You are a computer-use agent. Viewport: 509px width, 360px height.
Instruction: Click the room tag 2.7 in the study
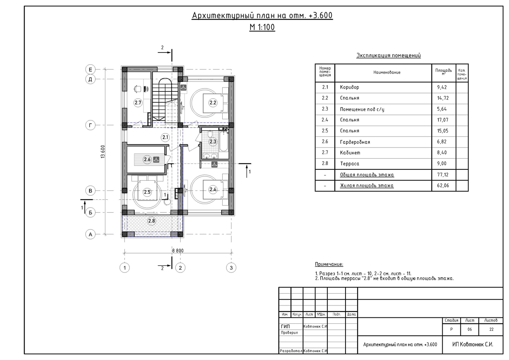point(138,103)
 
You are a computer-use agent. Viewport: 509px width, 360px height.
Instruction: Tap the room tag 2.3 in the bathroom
point(213,142)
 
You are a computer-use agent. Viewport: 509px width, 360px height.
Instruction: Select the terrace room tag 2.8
point(152,221)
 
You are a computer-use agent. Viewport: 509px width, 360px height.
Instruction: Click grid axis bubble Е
point(90,70)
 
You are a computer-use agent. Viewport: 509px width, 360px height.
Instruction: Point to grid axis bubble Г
point(90,125)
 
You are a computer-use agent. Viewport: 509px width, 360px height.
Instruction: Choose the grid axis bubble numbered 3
point(231,268)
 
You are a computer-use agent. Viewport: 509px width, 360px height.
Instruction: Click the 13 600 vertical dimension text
point(103,152)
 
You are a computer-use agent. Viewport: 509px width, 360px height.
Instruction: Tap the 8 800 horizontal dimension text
point(178,251)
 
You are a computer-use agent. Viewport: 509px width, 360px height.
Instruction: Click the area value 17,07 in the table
point(443,120)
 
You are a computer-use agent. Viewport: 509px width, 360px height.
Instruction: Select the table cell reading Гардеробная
point(355,142)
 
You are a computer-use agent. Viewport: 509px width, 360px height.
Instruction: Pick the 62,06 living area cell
point(443,185)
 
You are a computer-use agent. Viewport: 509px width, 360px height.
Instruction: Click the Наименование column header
point(387,72)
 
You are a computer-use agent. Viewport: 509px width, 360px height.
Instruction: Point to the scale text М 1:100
point(262,27)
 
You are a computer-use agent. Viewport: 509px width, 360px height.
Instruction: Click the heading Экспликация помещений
point(389,55)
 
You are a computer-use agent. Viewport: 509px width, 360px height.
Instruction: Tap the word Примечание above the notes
point(329,264)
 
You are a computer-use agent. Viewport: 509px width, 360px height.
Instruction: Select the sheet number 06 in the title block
point(470,329)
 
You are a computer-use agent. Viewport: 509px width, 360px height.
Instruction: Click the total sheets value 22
point(492,329)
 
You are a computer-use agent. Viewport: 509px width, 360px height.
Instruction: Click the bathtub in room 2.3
point(223,141)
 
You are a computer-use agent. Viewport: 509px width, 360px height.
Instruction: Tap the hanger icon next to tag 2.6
point(156,160)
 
